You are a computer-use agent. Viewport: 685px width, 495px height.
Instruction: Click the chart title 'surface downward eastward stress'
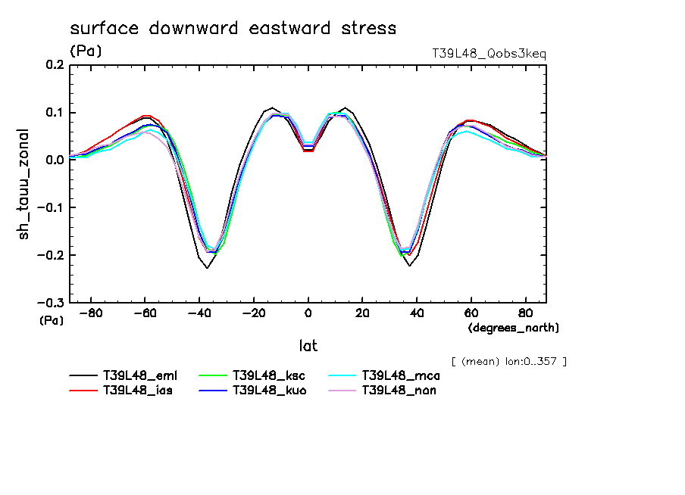coord(233,29)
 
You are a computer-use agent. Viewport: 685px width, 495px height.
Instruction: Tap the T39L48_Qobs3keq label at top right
coord(489,54)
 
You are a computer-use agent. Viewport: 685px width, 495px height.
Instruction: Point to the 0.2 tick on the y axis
coord(55,66)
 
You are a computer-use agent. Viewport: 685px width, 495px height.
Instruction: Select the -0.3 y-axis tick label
coord(52,303)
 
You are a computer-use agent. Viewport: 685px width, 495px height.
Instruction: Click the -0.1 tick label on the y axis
coord(52,207)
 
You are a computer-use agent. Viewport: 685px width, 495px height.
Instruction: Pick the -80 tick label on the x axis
coord(90,312)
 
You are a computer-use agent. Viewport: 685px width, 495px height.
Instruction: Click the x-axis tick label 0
coord(308,312)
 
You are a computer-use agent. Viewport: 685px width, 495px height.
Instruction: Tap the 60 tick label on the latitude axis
coord(471,312)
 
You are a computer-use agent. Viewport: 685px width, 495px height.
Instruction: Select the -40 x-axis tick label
coord(199,312)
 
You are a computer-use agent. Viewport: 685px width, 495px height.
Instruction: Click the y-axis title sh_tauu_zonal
coord(27,184)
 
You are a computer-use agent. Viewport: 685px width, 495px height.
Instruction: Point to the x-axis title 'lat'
coord(307,346)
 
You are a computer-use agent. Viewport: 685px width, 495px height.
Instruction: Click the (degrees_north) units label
coord(513,328)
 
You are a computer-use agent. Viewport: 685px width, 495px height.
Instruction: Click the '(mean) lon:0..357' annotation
coord(508,361)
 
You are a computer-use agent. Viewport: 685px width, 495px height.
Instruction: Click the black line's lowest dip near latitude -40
coord(206,267)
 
